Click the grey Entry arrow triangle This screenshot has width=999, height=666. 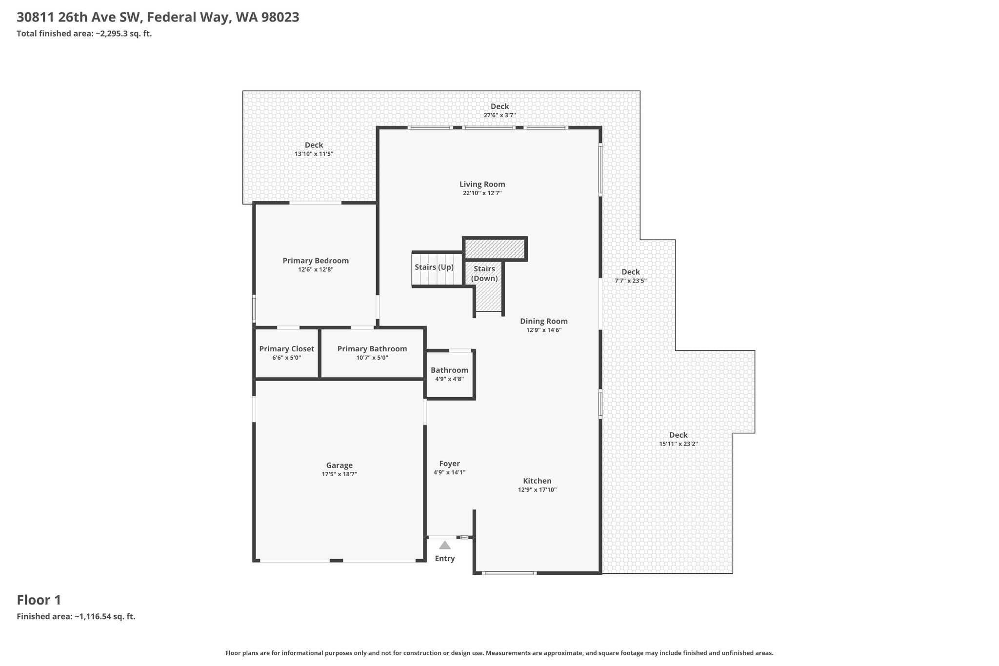[x=445, y=545]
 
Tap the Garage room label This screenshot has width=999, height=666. [x=340, y=465]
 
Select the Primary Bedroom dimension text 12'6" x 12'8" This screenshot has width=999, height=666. [x=316, y=269]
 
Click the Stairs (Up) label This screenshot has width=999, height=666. [x=434, y=267]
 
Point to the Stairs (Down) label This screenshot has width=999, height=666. [x=484, y=274]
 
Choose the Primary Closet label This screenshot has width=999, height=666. [x=287, y=349]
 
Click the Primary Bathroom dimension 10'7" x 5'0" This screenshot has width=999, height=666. [x=372, y=358]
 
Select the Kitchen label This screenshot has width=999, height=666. [x=537, y=481]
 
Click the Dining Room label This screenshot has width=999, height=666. [x=544, y=321]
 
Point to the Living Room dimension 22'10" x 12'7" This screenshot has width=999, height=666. [x=482, y=193]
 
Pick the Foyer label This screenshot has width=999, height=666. [x=449, y=464]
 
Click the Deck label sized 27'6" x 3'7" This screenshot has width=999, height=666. [x=499, y=106]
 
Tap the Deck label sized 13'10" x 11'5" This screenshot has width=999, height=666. [x=314, y=145]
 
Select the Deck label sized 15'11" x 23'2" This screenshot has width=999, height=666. [x=678, y=435]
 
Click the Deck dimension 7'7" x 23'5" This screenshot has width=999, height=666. [x=630, y=281]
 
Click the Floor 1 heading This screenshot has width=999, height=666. [x=39, y=600]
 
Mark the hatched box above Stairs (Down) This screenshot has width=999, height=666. [x=495, y=249]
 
